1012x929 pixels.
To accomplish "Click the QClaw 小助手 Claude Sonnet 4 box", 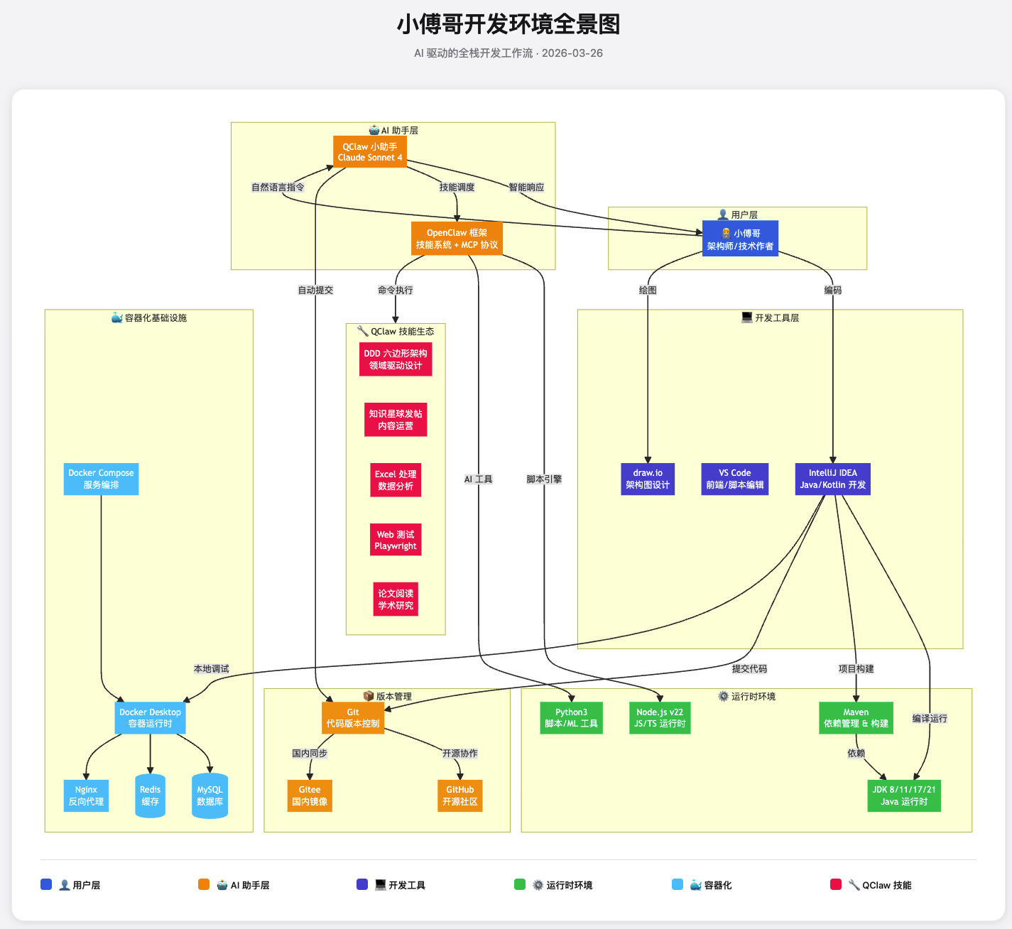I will (x=370, y=152).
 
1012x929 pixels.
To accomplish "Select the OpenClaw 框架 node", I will (x=457, y=239).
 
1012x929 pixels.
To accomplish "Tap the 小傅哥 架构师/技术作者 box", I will (x=740, y=239).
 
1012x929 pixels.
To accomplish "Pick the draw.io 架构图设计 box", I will (x=648, y=479).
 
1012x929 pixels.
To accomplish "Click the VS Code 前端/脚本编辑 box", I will (x=734, y=479).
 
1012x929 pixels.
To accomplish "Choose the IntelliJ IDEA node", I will (x=832, y=479).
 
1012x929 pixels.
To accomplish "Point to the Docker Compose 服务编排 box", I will (x=101, y=479).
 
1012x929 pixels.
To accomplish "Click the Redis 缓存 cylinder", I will (x=150, y=796).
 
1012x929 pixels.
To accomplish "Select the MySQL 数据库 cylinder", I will (x=210, y=796).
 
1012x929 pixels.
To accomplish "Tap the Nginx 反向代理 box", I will (x=86, y=796).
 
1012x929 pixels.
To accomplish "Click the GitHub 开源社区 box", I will (x=460, y=796).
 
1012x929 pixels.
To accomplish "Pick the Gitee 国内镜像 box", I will (x=310, y=796).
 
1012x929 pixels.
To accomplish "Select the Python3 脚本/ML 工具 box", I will (x=571, y=718).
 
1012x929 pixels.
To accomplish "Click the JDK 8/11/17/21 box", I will (x=903, y=796).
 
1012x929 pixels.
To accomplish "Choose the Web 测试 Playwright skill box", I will (x=396, y=540).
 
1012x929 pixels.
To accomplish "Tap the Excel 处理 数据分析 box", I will (x=396, y=480).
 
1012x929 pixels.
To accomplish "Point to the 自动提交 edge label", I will (x=315, y=290).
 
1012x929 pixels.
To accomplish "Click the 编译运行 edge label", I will (x=930, y=719).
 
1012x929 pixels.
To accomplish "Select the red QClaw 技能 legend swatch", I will (x=836, y=885).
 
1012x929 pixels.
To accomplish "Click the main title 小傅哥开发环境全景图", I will (x=508, y=25).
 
